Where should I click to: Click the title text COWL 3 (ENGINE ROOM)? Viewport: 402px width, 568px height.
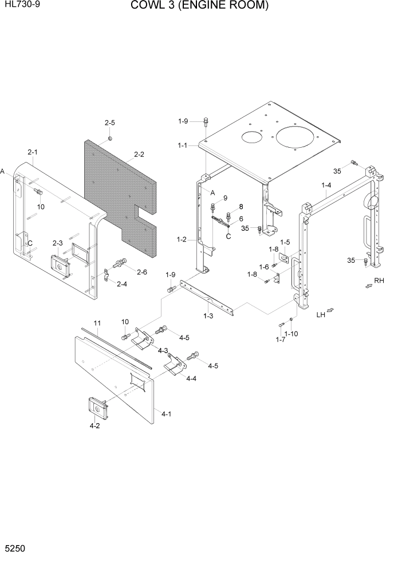[199, 6]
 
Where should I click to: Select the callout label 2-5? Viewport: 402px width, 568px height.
[109, 123]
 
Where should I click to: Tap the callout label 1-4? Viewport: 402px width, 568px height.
[326, 186]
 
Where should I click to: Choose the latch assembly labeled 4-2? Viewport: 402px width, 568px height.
[97, 408]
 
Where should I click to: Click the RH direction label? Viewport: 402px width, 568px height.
[379, 281]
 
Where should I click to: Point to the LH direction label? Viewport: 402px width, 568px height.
[321, 314]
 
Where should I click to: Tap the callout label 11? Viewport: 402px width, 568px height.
[97, 324]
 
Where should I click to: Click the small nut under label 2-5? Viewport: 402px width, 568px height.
[111, 138]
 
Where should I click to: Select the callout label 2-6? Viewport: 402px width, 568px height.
[141, 271]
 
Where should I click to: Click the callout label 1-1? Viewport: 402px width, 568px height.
[182, 146]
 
